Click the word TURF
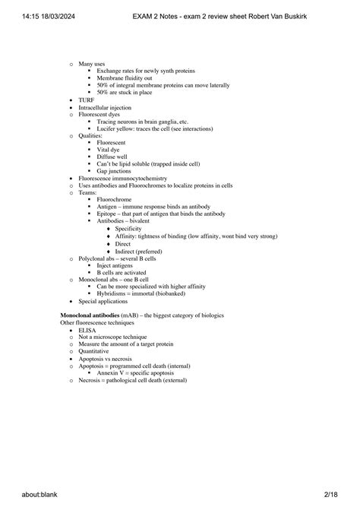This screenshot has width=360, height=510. (87, 100)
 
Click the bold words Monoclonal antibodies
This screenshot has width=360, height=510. (90, 315)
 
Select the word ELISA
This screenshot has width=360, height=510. (88, 331)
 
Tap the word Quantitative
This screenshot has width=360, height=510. (96, 351)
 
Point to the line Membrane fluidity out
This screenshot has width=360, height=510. (130, 78)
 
